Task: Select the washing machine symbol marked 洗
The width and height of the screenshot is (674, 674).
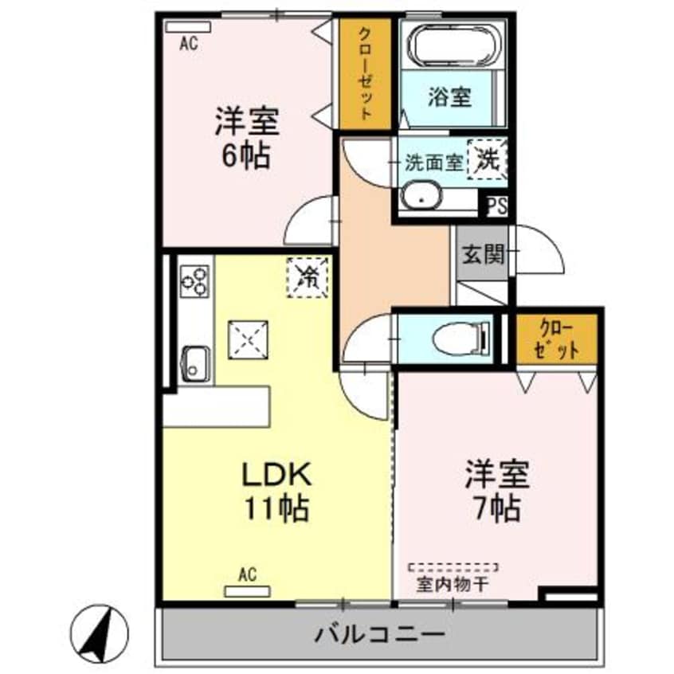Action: coord(486,160)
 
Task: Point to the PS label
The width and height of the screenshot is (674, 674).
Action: coord(496,206)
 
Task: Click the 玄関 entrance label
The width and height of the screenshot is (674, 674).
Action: coord(484,255)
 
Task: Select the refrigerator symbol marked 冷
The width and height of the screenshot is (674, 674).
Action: coord(308,276)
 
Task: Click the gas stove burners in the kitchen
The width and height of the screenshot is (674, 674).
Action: coord(194,280)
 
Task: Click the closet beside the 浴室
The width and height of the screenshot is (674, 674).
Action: coord(366,72)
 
